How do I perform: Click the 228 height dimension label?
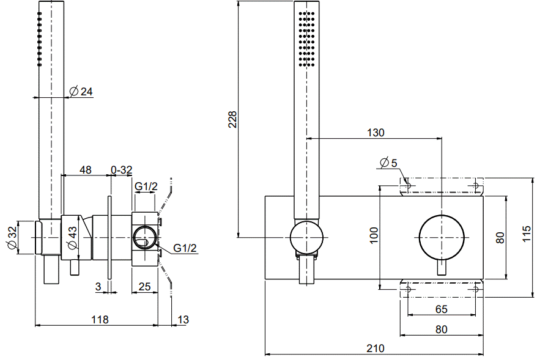pos(233,119)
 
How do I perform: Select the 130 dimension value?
pos(376,133)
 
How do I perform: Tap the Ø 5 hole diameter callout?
pos(388,163)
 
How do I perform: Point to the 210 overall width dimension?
pos(376,348)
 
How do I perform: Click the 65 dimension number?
pos(442,309)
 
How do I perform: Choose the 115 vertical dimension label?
pos(527,233)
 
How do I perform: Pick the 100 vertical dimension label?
pos(374,235)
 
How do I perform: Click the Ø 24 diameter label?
pos(81,91)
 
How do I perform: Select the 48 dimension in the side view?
pos(85,170)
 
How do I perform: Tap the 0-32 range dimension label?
pos(122,170)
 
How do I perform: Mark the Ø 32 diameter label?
pos(12,238)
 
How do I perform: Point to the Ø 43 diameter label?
pos(72,238)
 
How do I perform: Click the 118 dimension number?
pos(100,320)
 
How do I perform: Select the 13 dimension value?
pos(183,320)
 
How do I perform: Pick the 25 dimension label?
pos(144,287)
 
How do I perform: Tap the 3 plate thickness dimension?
pos(98,287)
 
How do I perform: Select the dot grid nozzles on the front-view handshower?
pos(306,39)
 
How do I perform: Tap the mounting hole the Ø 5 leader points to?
pos(408,186)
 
